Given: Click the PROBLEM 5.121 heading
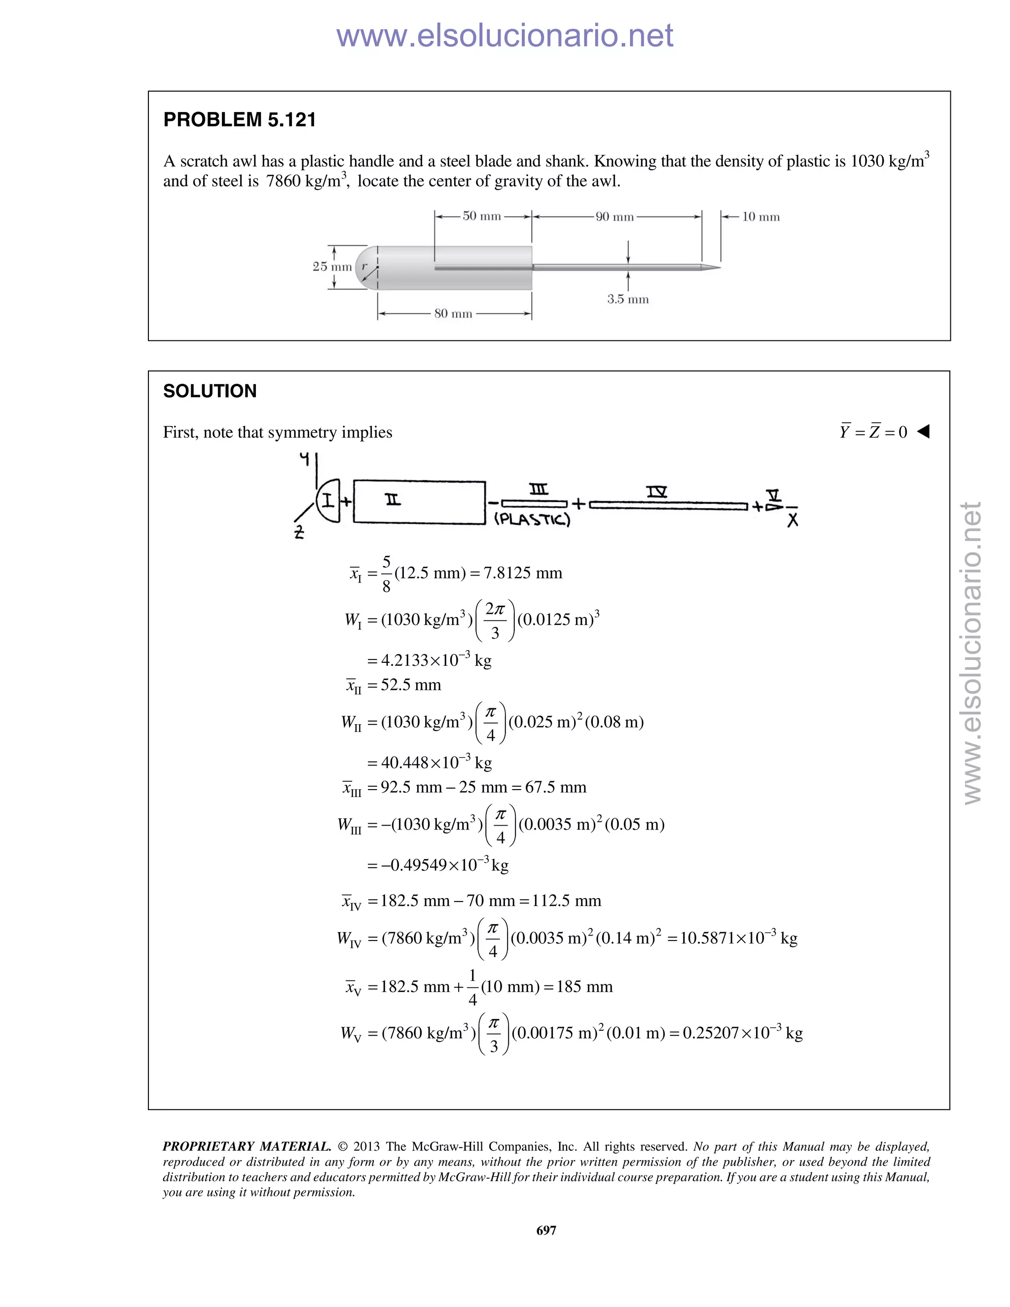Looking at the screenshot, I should (239, 120).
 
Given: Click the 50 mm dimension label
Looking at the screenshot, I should (482, 216).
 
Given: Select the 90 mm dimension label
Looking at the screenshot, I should (614, 217).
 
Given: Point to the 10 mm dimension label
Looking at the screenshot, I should (760, 217).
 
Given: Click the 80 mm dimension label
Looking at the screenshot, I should (453, 314).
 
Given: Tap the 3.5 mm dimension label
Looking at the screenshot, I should (628, 299).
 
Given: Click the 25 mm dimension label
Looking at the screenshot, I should (331, 267).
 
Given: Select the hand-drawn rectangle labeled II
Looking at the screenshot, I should (419, 502).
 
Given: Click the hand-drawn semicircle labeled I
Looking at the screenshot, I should (328, 500).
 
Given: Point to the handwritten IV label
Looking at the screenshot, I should (656, 492).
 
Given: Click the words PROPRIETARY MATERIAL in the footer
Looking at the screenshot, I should (247, 1147).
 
